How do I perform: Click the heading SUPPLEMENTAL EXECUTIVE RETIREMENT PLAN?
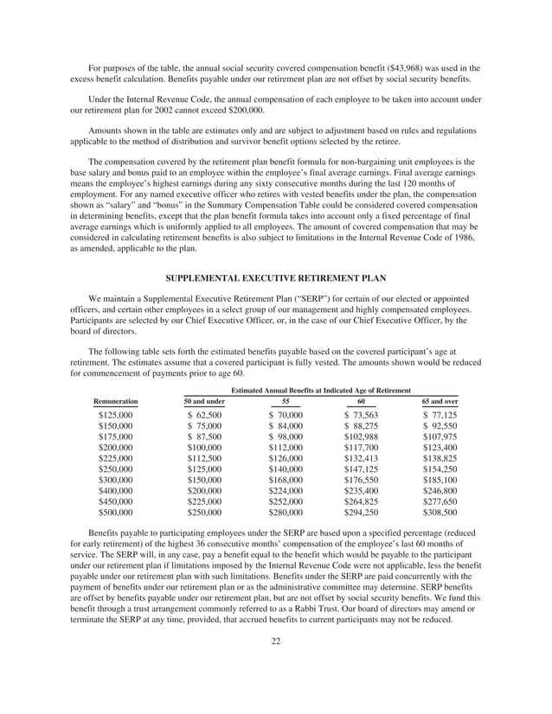tap(275, 277)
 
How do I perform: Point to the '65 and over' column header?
tap(440, 402)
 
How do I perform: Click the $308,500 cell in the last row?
tap(440, 513)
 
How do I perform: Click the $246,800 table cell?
tap(440, 491)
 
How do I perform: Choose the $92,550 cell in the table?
tap(440, 427)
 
